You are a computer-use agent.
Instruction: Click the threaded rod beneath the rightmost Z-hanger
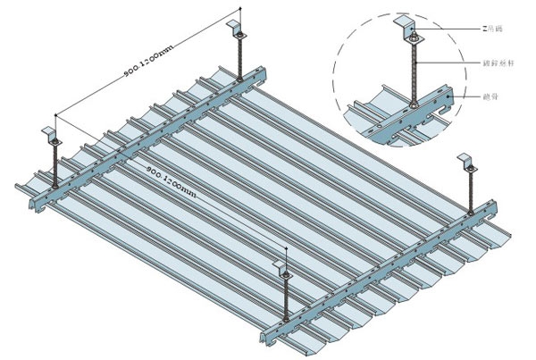point(470,193)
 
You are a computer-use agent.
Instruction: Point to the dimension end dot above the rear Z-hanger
point(239,12)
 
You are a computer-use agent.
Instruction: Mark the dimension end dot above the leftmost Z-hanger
point(55,115)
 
